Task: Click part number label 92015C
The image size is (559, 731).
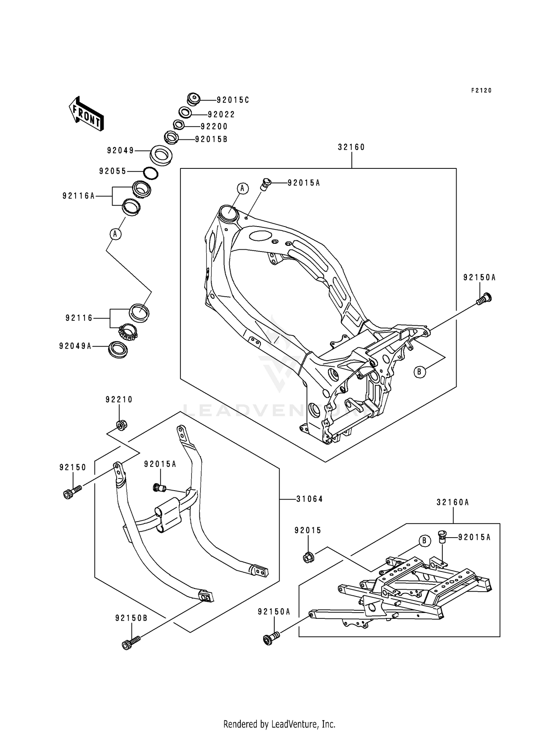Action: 233,100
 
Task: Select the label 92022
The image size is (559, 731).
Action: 221,114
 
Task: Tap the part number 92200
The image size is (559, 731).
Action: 214,126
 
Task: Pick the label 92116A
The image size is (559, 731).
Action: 79,196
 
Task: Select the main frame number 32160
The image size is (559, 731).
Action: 351,147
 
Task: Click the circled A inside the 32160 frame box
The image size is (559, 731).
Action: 242,189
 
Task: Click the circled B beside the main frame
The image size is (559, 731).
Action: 420,371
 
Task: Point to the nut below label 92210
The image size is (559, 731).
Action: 121,425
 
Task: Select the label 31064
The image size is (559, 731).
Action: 310,499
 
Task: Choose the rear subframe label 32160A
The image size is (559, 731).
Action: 453,503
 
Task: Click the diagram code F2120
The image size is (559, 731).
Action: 481,90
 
